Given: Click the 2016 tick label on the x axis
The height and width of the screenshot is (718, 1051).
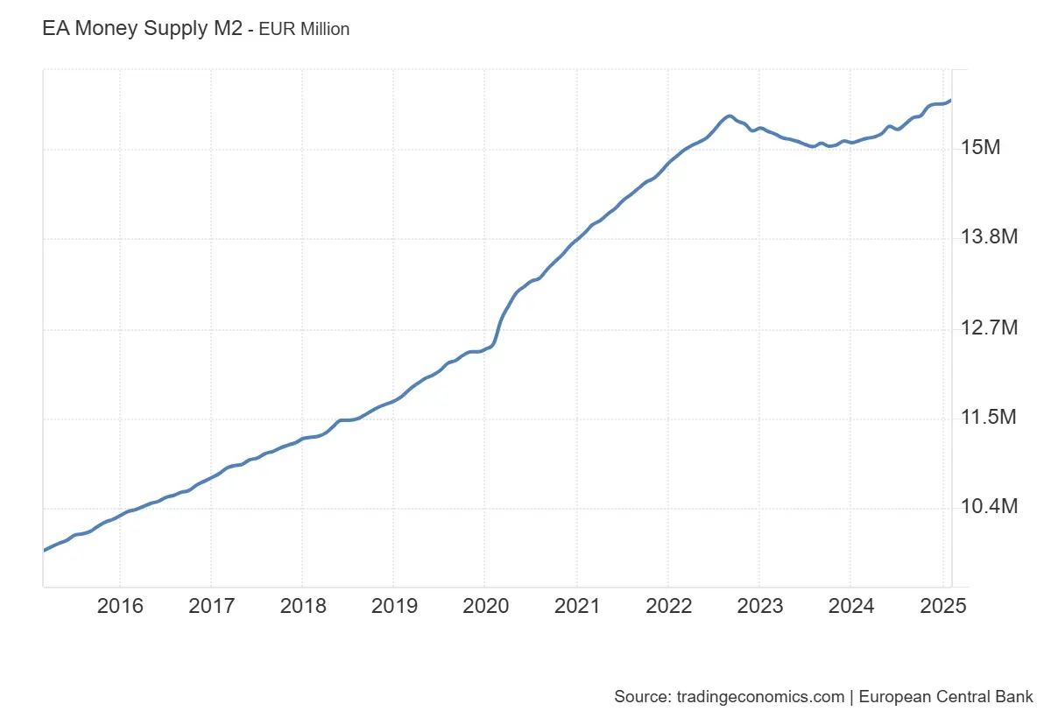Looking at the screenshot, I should tap(120, 606).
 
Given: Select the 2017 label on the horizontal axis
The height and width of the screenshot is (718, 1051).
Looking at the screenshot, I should tap(211, 606).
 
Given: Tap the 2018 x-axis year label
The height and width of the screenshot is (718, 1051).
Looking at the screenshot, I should tap(302, 606).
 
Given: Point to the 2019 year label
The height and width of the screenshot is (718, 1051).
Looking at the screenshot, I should tap(393, 606).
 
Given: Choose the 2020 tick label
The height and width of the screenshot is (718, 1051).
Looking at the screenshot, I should tap(485, 606).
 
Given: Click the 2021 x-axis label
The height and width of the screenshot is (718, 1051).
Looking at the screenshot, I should tap(576, 606).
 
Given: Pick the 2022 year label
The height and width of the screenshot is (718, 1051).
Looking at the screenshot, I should tap(667, 606).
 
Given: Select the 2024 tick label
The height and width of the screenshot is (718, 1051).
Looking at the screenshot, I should tap(850, 606).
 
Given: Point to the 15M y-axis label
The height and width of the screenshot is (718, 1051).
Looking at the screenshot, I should tap(980, 148).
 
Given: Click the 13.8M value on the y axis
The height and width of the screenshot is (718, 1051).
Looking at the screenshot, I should tap(989, 237).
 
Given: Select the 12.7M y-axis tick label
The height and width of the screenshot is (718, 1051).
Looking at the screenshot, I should tap(989, 328).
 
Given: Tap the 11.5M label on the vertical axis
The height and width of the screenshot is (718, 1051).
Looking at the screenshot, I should tap(989, 418).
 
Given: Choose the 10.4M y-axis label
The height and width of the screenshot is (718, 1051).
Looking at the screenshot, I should tap(989, 507).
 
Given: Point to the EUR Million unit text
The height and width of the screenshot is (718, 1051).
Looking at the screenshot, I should tap(304, 30).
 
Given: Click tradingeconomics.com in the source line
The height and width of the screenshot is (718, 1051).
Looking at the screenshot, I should tap(761, 697).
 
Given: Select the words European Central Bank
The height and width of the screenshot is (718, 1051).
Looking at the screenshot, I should tap(946, 697).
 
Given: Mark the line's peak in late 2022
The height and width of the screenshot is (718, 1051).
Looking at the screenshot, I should tap(729, 116).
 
